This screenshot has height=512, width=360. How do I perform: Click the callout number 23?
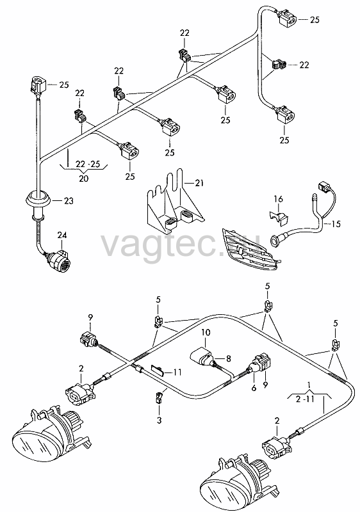[x=69, y=200]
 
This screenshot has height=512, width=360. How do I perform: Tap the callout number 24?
[x=62, y=235]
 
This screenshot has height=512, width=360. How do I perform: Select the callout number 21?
[x=199, y=184]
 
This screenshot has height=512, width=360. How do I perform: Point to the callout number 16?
[x=279, y=199]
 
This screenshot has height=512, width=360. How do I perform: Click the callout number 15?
[x=336, y=224]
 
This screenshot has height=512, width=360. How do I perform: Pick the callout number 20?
[x=84, y=179]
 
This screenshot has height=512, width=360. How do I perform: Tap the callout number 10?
[x=206, y=333]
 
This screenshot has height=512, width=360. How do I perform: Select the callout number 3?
[x=159, y=420]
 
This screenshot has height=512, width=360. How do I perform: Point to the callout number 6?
[x=254, y=388]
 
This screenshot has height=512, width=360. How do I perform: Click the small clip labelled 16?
[x=279, y=217]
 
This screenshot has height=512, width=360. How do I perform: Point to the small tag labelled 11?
[x=158, y=371]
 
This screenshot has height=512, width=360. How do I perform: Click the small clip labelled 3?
[x=158, y=397]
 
